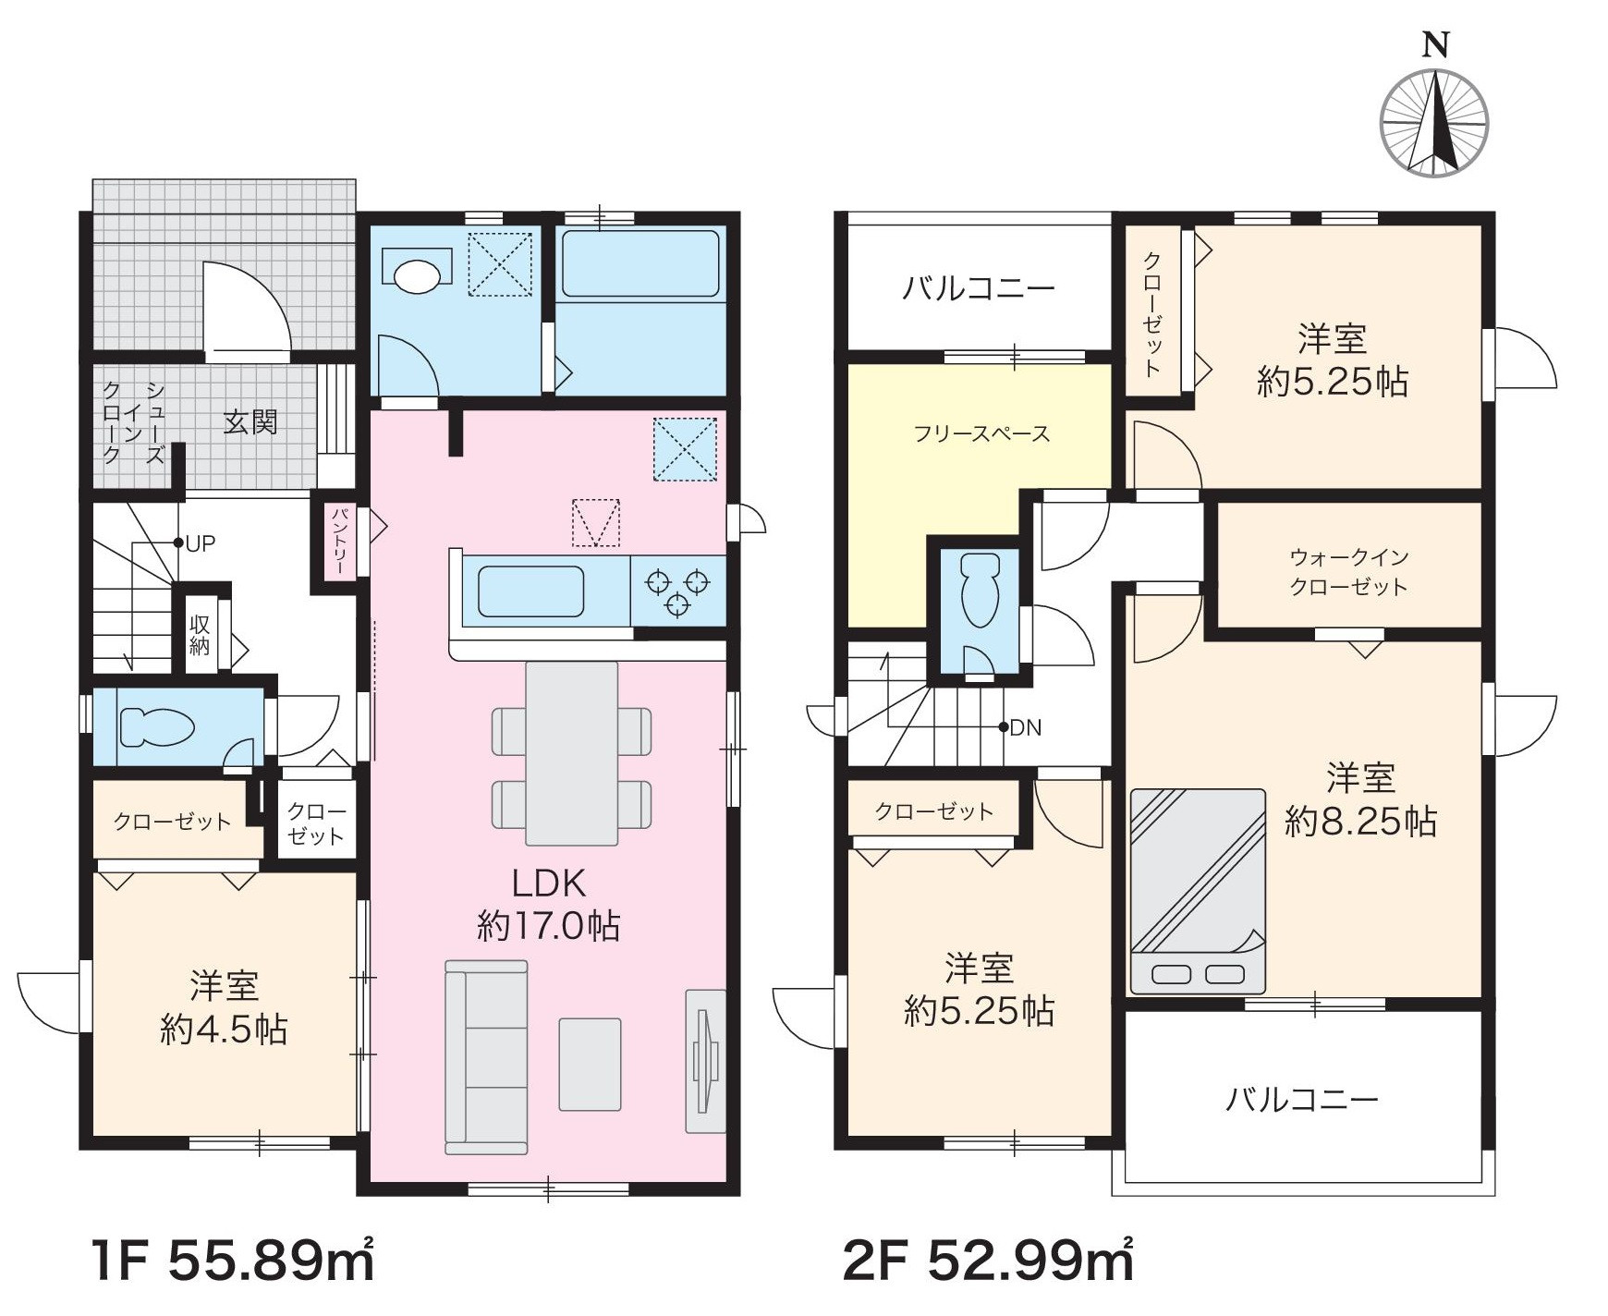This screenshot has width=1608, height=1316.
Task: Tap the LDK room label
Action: tap(549, 883)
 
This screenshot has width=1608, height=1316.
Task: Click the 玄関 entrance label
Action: tap(250, 422)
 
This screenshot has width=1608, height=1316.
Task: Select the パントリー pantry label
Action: tap(339, 541)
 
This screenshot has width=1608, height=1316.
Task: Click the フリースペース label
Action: tap(981, 433)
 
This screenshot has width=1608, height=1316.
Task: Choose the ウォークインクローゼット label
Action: tap(1349, 572)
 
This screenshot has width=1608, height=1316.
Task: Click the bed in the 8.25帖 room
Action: tap(1198, 891)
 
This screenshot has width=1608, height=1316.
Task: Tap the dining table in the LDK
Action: tap(572, 753)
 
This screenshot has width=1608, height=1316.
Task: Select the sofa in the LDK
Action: tap(486, 1057)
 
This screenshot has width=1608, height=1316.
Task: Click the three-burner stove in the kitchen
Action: tap(678, 592)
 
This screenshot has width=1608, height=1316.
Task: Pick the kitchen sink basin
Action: tap(531, 591)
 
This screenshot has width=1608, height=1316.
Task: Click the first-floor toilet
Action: tap(157, 727)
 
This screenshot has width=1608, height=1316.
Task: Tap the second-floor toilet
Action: tap(981, 591)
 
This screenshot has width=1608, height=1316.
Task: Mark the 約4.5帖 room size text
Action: tap(224, 1030)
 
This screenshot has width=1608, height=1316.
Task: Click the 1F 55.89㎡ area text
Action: tap(234, 1261)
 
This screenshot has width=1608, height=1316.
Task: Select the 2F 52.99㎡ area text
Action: tap(988, 1261)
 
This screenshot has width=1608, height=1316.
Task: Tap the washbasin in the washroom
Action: tap(417, 274)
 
